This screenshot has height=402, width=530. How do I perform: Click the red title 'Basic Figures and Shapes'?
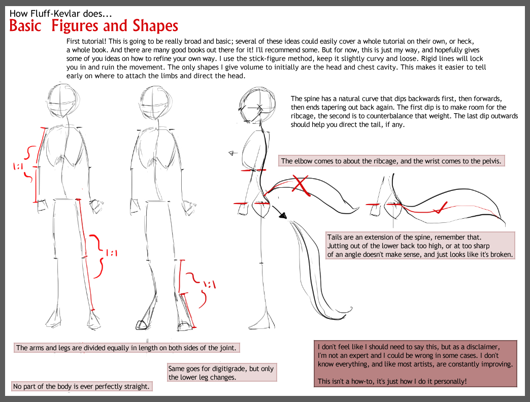pyautogui.click(x=93, y=26)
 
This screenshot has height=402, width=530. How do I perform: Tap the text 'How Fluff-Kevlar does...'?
pyautogui.click(x=60, y=14)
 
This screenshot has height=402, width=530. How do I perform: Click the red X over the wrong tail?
pyautogui.click(x=301, y=185)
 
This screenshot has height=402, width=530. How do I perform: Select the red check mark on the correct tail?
pyautogui.click(x=440, y=208)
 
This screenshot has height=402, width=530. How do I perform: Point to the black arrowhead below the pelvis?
pyautogui.click(x=283, y=215)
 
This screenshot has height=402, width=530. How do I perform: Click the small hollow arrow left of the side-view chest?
pyautogui.click(x=232, y=153)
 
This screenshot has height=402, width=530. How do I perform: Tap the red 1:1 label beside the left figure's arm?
pyautogui.click(x=18, y=166)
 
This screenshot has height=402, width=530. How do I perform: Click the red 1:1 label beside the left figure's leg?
pyautogui.click(x=111, y=253)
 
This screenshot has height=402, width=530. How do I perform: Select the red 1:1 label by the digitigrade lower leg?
pyautogui.click(x=209, y=284)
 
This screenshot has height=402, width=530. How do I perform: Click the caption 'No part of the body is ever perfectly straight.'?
pyautogui.click(x=81, y=386)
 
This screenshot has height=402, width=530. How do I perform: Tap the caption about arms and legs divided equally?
pyautogui.click(x=126, y=348)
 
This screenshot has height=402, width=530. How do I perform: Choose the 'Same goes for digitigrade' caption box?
pyautogui.click(x=222, y=373)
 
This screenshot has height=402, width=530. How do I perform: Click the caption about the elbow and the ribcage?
pyautogui.click(x=391, y=161)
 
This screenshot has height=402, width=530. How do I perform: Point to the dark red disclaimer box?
pyautogui.click(x=415, y=364)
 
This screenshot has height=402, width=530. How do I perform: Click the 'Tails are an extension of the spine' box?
pyautogui.click(x=420, y=246)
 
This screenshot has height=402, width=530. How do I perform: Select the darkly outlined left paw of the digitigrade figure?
pyautogui.click(x=141, y=325)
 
